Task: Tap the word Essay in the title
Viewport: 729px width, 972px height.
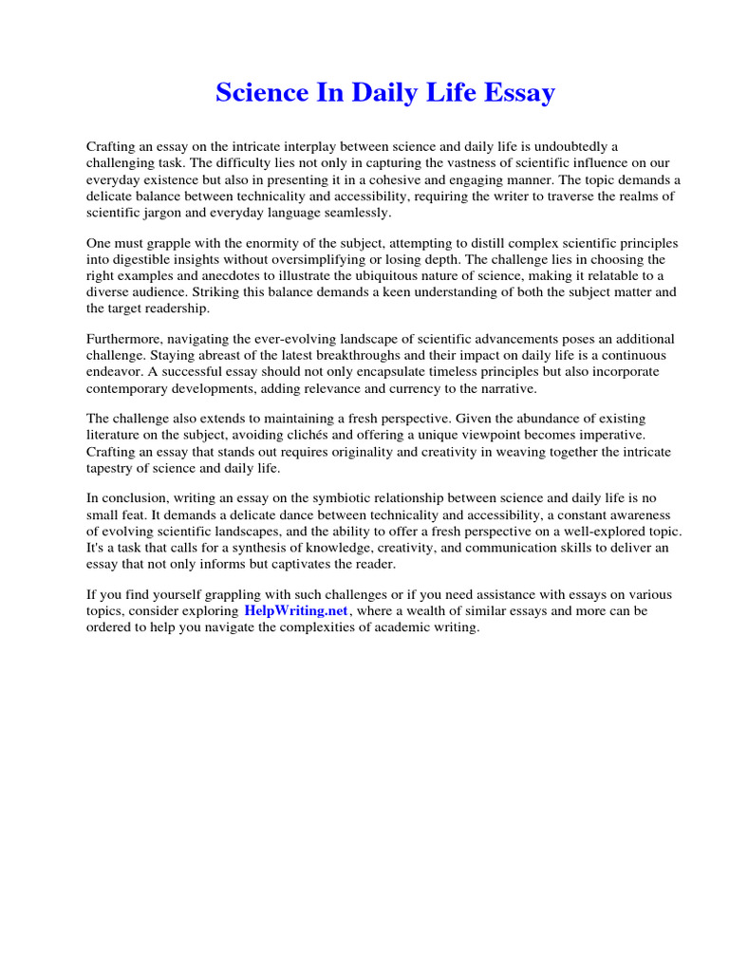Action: pos(518,93)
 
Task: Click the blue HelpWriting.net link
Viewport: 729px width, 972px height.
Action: pos(296,611)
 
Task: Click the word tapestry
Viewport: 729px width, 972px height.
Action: pos(115,467)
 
